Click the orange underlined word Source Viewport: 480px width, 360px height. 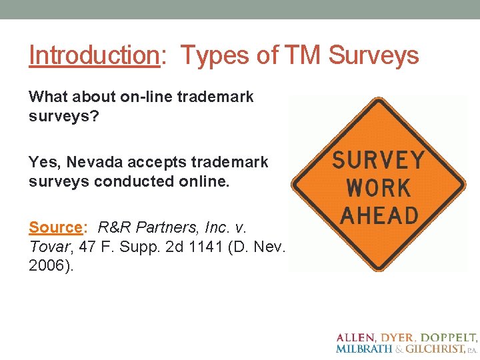(55, 227)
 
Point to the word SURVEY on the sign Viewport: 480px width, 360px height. (378, 161)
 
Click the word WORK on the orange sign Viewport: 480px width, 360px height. (377, 188)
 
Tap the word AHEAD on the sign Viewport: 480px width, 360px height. (378, 215)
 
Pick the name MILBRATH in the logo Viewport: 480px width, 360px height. (364, 349)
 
